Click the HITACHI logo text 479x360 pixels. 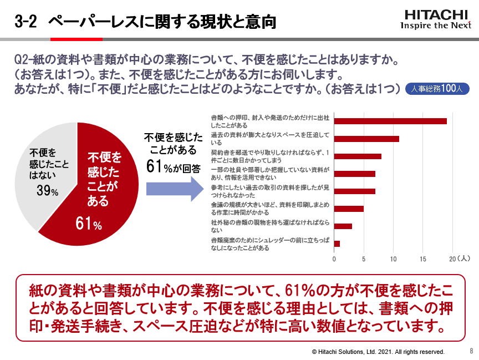pyautogui.click(x=437, y=14)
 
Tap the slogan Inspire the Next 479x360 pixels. pyautogui.click(x=436, y=25)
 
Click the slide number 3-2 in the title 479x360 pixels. pyautogui.click(x=26, y=22)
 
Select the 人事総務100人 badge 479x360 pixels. pyautogui.click(x=437, y=88)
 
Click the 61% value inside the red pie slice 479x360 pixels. pyautogui.click(x=89, y=225)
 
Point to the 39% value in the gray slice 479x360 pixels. pyautogui.click(x=47, y=191)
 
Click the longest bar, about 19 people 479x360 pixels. pyautogui.click(x=390, y=121)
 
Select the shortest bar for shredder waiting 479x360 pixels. pyautogui.click(x=337, y=244)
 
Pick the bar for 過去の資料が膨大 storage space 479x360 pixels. pyautogui.click(x=366, y=139)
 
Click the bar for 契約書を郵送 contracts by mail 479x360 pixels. pyautogui.click(x=358, y=156)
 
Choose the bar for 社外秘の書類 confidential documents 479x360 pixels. pyautogui.click(x=343, y=226)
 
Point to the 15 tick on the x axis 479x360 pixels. pyautogui.click(x=423, y=259)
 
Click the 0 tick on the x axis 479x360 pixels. pyautogui.click(x=334, y=259)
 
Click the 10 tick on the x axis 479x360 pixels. pyautogui.click(x=394, y=259)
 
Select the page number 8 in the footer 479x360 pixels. pyautogui.click(x=471, y=351)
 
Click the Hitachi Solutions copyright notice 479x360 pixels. pyautogui.click(x=378, y=352)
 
